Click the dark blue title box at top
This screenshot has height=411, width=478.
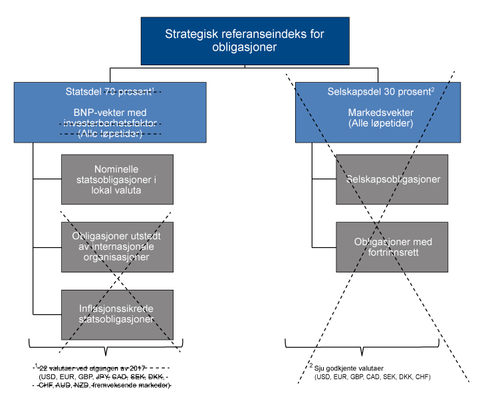pos(245,41)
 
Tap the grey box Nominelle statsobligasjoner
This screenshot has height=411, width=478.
pos(117,179)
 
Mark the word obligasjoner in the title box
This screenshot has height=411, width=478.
pos(245,48)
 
